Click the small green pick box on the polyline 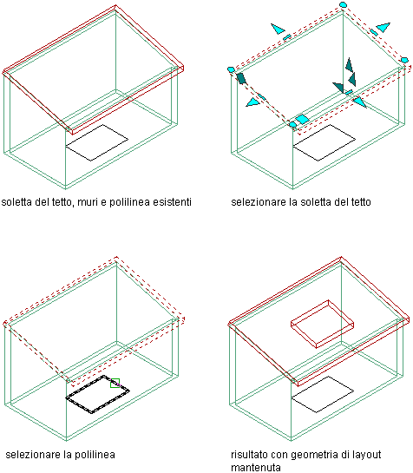(x=115, y=383)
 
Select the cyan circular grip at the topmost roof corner (x=343, y=4)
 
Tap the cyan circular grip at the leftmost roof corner (x=231, y=69)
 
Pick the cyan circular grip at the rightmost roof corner (x=404, y=60)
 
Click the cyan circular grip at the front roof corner (x=292, y=125)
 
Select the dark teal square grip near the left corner (x=241, y=78)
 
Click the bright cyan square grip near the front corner (x=302, y=119)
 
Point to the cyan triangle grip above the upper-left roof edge (x=278, y=29)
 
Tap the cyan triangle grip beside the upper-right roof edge (x=383, y=27)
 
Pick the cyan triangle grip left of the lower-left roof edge (x=252, y=102)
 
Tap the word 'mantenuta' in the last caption (x=256, y=468)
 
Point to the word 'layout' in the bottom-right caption (x=366, y=455)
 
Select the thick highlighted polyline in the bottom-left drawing (x=97, y=395)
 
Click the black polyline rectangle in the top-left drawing (x=97, y=142)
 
